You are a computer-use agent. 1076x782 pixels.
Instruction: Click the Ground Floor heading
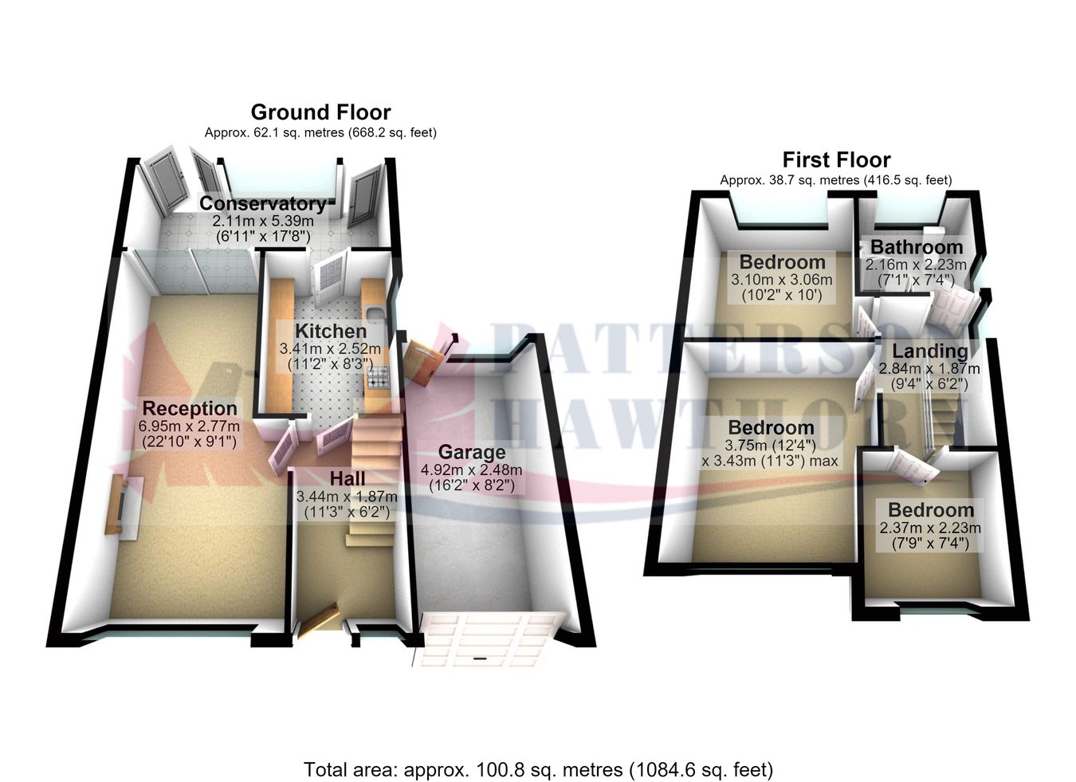pyautogui.click(x=320, y=112)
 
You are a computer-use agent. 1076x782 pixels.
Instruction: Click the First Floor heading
pyautogui.click(x=836, y=160)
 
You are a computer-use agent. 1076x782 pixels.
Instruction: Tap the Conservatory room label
pyautogui.click(x=263, y=203)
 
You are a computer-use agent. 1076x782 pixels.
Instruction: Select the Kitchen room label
pyautogui.click(x=331, y=331)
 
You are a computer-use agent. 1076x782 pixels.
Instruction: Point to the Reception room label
pyautogui.click(x=190, y=409)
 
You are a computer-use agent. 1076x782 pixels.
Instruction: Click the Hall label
pyautogui.click(x=348, y=479)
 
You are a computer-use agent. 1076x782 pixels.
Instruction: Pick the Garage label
pyautogui.click(x=472, y=453)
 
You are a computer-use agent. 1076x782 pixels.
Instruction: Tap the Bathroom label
pyautogui.click(x=917, y=247)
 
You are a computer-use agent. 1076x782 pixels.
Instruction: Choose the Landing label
pyautogui.click(x=930, y=352)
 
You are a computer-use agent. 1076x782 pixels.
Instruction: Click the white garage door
pyautogui.click(x=489, y=639)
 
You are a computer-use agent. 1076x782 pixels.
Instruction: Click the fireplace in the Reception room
pyautogui.click(x=124, y=505)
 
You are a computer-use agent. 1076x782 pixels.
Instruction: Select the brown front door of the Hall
pyautogui.click(x=318, y=622)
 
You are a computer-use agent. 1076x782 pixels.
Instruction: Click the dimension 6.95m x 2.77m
pyautogui.click(x=189, y=426)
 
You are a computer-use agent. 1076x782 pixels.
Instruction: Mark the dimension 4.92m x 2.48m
pyautogui.click(x=471, y=470)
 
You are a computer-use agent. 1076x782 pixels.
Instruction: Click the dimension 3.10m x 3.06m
pyautogui.click(x=782, y=280)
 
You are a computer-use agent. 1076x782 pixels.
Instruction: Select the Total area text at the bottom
pyautogui.click(x=538, y=756)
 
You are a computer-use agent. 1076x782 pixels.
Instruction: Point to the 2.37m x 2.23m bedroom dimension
pyautogui.click(x=930, y=528)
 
